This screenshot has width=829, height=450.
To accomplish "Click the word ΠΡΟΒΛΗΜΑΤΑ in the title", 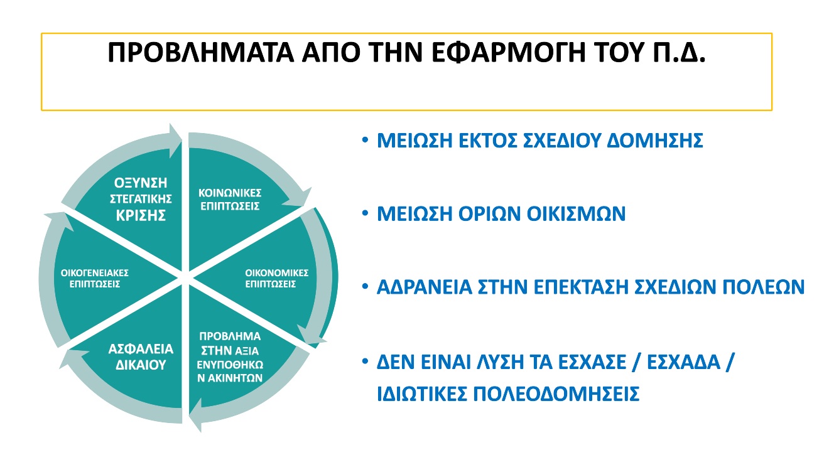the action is [201, 53].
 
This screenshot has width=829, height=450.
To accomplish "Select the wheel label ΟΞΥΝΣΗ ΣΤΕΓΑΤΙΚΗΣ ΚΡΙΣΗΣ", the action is [141, 199].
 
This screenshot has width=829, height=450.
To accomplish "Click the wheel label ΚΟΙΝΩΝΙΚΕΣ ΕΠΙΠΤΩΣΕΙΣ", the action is [230, 200].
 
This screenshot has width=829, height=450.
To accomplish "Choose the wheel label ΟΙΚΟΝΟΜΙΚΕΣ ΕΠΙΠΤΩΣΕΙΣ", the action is [277, 279].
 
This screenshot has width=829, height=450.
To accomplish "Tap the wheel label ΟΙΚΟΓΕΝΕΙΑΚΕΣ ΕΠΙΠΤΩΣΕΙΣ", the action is [95, 279].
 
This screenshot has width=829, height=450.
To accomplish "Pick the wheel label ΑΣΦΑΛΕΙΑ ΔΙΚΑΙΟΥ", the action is [141, 357].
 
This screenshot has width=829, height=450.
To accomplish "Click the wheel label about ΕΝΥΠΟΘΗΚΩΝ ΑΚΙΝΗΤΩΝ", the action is [230, 357].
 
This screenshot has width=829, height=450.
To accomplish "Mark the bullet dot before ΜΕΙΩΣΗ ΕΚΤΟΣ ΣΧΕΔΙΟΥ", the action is [366, 140].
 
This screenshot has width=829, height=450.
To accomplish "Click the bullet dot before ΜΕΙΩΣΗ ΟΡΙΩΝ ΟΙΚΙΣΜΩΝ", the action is [366, 213].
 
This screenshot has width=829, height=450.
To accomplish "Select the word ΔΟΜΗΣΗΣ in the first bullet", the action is [655, 141].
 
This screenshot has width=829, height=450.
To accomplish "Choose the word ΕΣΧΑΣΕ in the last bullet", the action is [592, 362].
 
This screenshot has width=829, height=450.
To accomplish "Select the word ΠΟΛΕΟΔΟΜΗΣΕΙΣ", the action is [556, 394].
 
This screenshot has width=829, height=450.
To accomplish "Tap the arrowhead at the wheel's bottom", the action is [195, 415].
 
